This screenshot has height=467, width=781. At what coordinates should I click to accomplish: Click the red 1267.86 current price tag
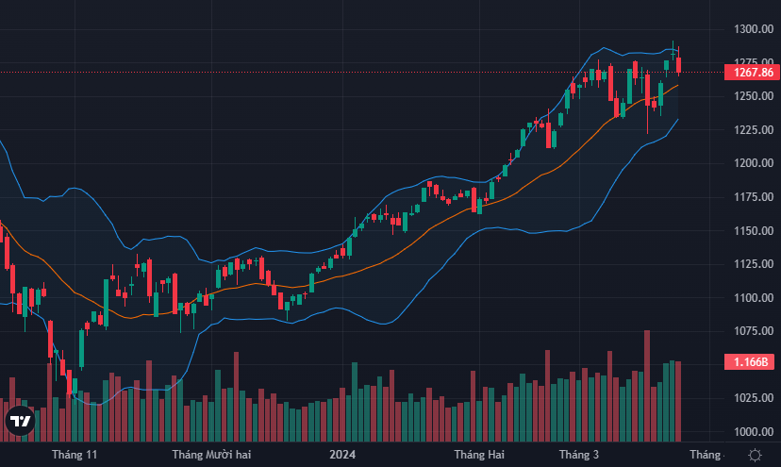point(751,72)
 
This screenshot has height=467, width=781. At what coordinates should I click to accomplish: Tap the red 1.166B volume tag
point(751,362)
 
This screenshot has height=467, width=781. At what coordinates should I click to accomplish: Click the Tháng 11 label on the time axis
point(75,455)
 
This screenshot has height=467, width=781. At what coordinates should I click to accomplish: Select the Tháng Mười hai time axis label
point(211,455)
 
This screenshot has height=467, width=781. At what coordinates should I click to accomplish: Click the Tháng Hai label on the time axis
point(479,455)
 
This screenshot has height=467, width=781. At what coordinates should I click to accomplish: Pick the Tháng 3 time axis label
point(578,455)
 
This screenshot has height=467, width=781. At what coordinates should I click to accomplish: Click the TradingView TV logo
point(20,422)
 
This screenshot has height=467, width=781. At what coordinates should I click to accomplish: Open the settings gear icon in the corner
point(755,455)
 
